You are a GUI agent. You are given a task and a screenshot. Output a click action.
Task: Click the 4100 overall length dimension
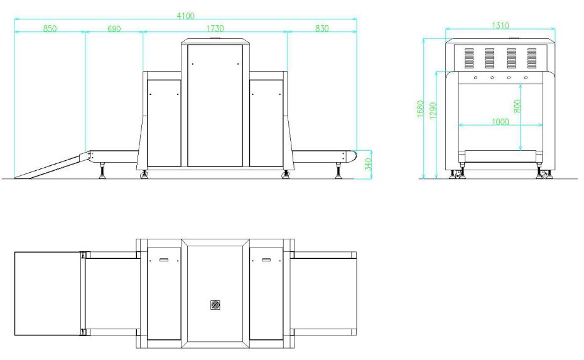(x=185, y=15)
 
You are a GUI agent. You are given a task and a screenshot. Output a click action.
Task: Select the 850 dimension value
(x=50, y=28)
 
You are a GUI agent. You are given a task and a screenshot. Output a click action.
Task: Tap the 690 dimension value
(x=114, y=28)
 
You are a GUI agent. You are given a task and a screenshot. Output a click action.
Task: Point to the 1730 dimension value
(x=215, y=28)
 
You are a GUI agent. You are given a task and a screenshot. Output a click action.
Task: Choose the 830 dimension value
(x=322, y=28)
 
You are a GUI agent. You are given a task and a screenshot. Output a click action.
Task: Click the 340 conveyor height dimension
(x=368, y=165)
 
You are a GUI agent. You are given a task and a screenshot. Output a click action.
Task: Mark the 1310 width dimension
(x=500, y=25)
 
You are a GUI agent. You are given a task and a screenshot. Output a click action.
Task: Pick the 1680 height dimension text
(x=421, y=109)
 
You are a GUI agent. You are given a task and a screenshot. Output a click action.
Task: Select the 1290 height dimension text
(x=433, y=111)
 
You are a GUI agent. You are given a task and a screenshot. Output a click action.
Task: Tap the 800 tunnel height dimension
(x=517, y=106)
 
